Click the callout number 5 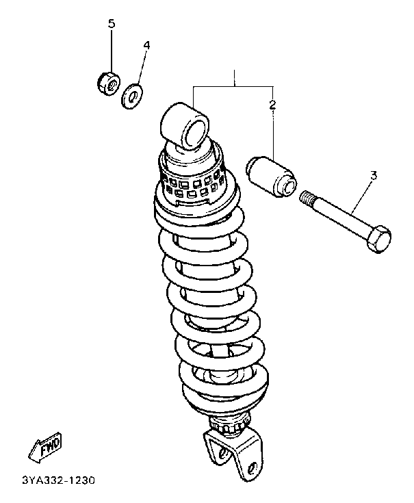112,24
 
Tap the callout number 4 146,45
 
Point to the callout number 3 374,176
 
